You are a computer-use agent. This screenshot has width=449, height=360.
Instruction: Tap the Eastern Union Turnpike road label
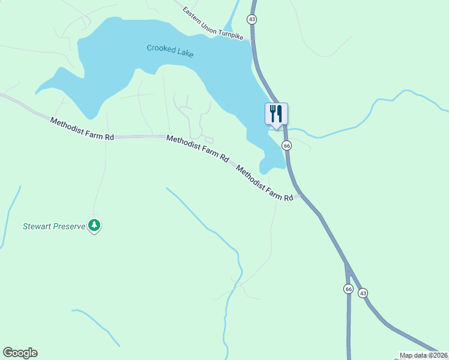click(213, 24)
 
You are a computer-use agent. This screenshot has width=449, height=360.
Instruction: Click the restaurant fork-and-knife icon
click(276, 113)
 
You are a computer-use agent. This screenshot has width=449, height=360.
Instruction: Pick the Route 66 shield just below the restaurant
click(287, 146)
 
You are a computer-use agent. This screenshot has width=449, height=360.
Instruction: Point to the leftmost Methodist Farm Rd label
click(82, 129)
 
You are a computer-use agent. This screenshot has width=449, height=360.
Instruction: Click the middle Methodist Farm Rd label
click(197, 149)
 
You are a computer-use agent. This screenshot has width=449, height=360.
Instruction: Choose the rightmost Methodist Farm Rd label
click(264, 182)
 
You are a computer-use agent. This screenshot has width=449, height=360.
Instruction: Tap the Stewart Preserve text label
click(54, 227)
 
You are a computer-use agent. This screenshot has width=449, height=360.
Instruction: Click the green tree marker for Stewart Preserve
click(94, 225)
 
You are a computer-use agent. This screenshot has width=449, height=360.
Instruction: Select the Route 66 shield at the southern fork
click(349, 289)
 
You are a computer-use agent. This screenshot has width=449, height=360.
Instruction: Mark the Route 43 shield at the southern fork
click(363, 293)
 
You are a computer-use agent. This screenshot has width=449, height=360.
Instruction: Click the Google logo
click(20, 353)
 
